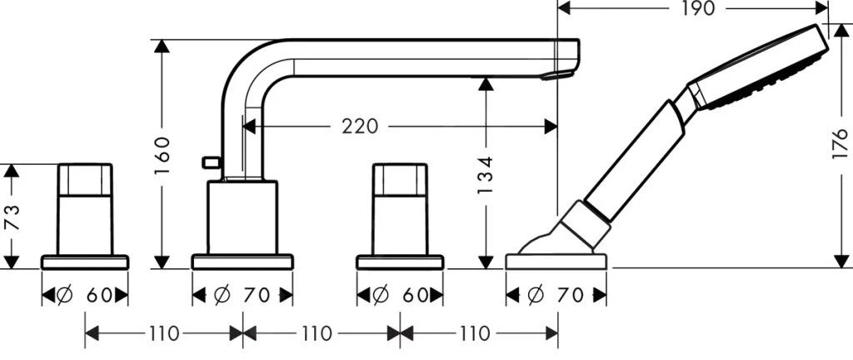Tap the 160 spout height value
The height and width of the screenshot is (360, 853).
pos(162,154)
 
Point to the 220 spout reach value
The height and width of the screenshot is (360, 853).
pos(359,127)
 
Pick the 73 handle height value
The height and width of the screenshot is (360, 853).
pos(10,219)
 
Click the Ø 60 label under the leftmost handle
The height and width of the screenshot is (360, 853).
pos(85,294)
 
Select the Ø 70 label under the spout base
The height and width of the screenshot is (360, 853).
pos(242,294)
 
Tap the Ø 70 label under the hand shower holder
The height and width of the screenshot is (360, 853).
pos(556,294)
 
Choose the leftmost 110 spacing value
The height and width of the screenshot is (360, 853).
pos(164,334)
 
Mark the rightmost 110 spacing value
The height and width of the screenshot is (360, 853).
pos(474,334)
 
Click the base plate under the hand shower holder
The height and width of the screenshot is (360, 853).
pos(556,262)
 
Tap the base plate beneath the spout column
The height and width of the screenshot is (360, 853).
pos(242,262)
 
